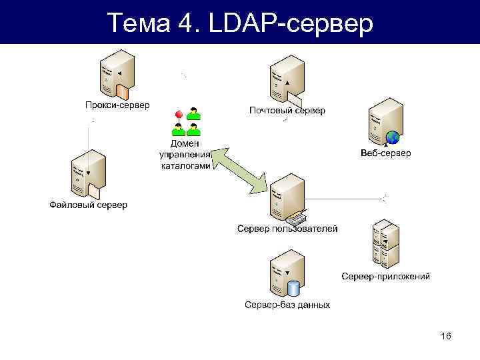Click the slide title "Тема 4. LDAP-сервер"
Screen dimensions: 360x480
coord(240,23)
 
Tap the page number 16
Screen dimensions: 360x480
coord(446,336)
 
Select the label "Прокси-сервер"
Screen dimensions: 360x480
coord(117,105)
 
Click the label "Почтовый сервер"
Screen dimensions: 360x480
coord(287,110)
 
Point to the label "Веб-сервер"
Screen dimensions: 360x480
coord(386,153)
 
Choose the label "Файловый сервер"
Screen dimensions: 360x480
coord(88,205)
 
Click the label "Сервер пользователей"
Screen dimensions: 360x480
coord(287,229)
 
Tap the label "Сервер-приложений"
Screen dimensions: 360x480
coord(386,276)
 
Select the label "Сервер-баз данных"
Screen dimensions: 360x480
coord(287,305)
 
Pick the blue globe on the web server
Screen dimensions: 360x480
coord(393,137)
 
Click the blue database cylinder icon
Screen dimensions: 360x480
coord(293,289)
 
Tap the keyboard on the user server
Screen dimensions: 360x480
coord(295,218)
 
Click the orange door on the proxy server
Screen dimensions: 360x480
coord(121,91)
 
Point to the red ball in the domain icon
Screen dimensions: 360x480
coord(179,116)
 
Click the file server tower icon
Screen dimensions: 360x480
coord(88,173)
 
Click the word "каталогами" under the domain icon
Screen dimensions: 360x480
coord(186,166)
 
